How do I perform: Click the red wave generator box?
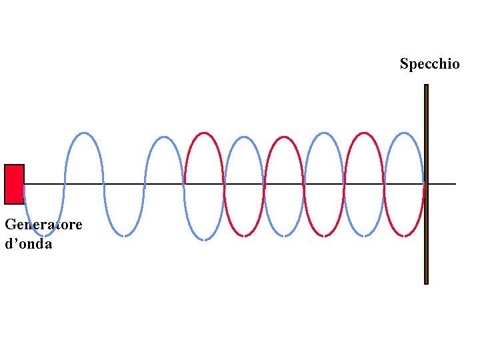click(14, 184)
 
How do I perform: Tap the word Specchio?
click(429, 64)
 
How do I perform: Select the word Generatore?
click(43, 225)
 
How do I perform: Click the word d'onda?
click(28, 244)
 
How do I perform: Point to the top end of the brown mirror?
click(426, 86)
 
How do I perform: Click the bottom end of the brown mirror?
click(426, 282)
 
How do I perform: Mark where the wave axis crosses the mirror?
click(426, 183)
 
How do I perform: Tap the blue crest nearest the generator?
click(84, 133)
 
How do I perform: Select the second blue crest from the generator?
click(164, 138)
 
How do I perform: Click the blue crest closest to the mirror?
click(404, 133)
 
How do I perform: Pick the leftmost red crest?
click(204, 133)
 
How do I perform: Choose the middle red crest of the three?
click(285, 137)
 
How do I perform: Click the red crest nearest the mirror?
click(364, 133)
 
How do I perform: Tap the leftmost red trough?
click(244, 235)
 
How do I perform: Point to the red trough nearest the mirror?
click(404, 235)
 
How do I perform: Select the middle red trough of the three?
click(325, 235)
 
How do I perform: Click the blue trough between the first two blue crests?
click(124, 235)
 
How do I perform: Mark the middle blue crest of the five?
click(244, 138)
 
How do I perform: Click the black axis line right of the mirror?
click(443, 183)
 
